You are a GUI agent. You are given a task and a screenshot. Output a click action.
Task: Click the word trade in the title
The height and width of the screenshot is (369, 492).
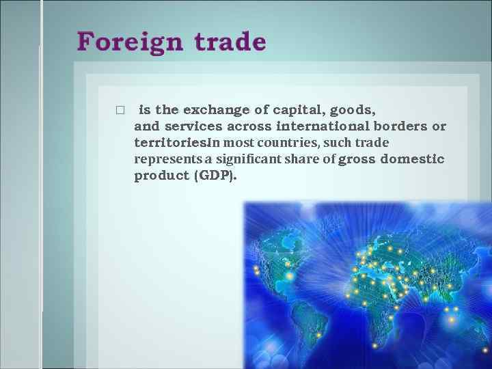[x=230, y=42]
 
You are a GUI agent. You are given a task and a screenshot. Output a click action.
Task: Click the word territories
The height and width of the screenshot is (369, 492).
[x=170, y=143]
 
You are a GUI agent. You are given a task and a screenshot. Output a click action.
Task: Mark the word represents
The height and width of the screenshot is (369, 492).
[x=163, y=159]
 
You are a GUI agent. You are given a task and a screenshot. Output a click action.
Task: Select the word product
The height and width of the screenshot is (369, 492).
[x=162, y=176]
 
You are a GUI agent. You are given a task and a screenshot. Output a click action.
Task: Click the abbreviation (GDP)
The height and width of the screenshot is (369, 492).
[x=216, y=176]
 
